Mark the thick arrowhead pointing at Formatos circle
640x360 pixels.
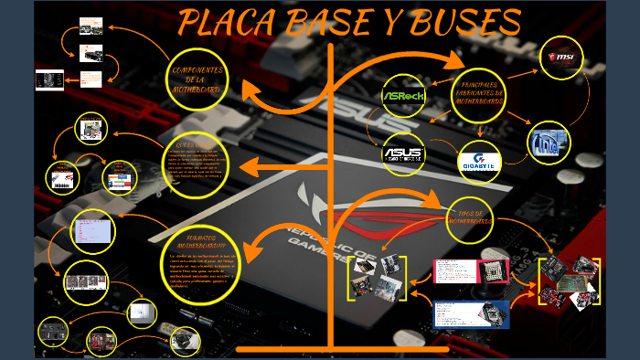coord(256,239)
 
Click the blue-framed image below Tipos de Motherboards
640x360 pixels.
coord(471,314)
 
